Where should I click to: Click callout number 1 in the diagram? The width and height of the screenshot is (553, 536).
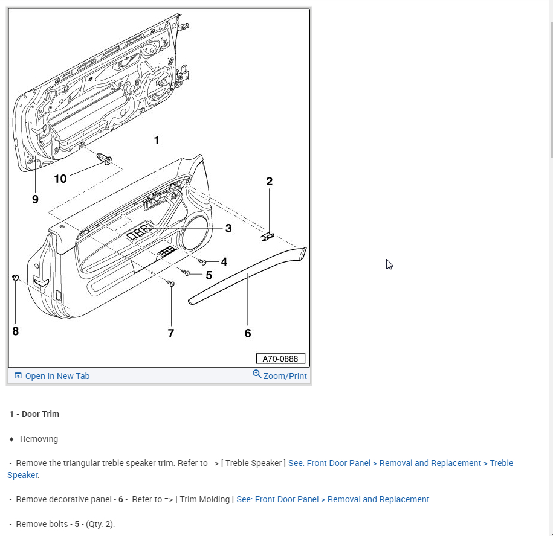click(x=157, y=141)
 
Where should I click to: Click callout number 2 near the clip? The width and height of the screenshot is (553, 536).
click(x=269, y=181)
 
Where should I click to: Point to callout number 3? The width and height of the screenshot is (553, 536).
click(x=228, y=228)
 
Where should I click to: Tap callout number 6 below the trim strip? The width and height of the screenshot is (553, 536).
click(x=248, y=333)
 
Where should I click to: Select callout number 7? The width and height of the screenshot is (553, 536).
click(x=171, y=333)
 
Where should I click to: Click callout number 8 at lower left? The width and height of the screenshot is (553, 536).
click(x=16, y=331)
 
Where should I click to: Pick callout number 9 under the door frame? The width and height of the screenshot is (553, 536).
click(x=35, y=199)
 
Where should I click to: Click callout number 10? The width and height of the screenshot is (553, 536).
click(x=60, y=179)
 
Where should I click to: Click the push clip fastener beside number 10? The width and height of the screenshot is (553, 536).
click(x=106, y=159)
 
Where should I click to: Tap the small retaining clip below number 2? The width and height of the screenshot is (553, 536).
click(x=267, y=237)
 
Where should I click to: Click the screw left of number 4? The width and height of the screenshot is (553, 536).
click(x=202, y=261)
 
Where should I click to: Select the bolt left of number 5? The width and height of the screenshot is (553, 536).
click(x=186, y=273)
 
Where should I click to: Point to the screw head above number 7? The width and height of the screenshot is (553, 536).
click(x=170, y=283)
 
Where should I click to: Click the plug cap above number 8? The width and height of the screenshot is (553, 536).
click(x=16, y=278)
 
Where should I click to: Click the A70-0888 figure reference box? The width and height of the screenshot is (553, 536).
click(x=280, y=359)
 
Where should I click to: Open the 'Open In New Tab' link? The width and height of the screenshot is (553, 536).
click(x=57, y=376)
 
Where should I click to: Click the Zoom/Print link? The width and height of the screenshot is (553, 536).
click(x=285, y=375)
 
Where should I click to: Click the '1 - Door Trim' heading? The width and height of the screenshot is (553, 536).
click(x=34, y=414)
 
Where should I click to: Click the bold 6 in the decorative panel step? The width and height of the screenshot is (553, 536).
click(x=121, y=499)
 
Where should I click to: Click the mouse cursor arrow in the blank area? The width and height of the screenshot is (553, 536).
click(x=389, y=264)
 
